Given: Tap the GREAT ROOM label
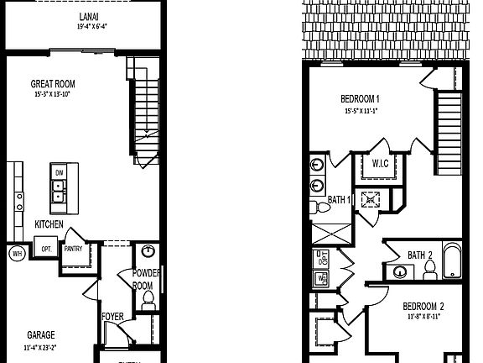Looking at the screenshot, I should [55, 84].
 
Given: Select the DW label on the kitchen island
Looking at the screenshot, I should [59, 173].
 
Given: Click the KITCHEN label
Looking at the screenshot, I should [49, 224].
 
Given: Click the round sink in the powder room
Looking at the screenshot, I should [149, 251].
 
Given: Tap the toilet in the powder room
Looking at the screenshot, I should [148, 298].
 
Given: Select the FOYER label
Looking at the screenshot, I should [113, 317].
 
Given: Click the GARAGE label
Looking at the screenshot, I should [40, 333].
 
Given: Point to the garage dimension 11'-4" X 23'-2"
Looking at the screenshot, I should [40, 345].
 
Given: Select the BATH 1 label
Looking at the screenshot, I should [340, 200].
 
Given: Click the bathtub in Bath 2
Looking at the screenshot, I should [451, 261].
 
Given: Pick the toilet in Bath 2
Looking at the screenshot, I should [429, 269].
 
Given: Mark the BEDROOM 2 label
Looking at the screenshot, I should [424, 306].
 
